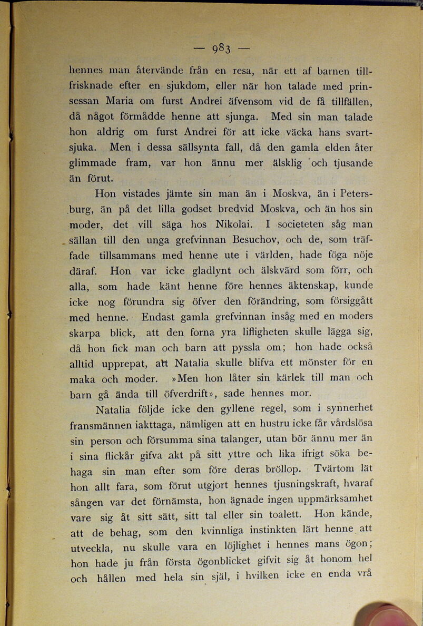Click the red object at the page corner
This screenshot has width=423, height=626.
387,614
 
